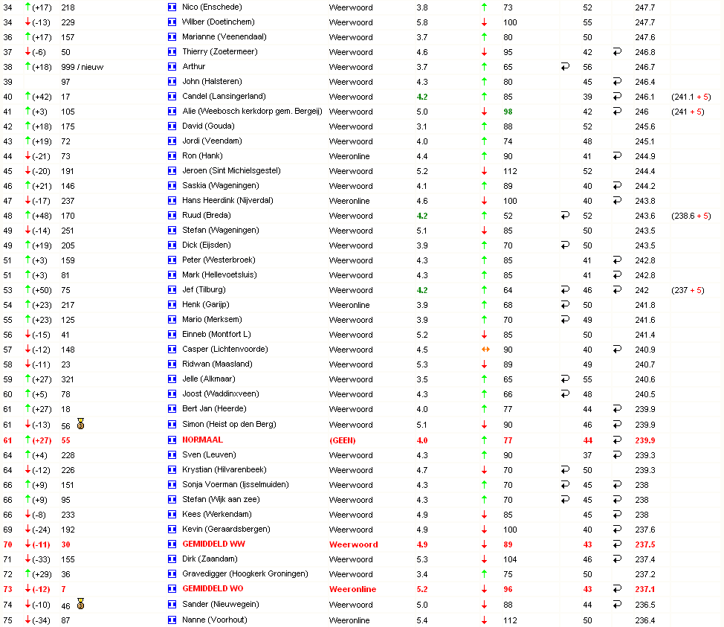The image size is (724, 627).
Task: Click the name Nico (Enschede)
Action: click(x=212, y=7)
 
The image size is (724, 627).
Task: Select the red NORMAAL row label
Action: click(x=202, y=440)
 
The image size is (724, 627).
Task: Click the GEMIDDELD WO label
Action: click(x=213, y=588)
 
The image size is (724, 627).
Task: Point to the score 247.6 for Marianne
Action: click(x=645, y=36)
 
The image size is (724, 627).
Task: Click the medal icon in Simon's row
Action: click(x=80, y=425)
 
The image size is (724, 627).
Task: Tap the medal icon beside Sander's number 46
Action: click(x=80, y=605)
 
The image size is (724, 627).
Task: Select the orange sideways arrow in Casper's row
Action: click(x=485, y=349)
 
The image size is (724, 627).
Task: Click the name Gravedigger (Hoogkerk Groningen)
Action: click(x=245, y=573)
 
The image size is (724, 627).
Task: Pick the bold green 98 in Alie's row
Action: click(x=508, y=111)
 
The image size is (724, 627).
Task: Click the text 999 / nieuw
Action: click(x=82, y=66)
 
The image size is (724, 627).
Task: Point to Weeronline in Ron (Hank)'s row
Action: click(x=349, y=155)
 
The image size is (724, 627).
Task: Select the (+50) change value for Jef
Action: click(x=42, y=289)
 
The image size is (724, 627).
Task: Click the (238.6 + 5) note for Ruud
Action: click(x=691, y=215)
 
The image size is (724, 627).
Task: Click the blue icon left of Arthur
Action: click(x=172, y=66)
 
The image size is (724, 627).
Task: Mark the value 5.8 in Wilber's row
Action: click(x=422, y=22)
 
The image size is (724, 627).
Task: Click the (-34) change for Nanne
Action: click(x=42, y=620)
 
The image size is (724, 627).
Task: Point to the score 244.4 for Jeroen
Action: click(x=645, y=170)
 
